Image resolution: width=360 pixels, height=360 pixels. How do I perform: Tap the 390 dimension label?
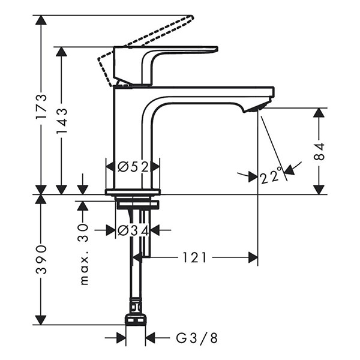pyautogui.click(x=41, y=259)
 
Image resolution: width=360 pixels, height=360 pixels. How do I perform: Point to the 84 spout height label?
pyautogui.click(x=319, y=151)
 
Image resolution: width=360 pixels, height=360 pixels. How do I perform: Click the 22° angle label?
pyautogui.click(x=271, y=176)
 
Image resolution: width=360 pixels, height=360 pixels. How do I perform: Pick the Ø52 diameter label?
pyautogui.click(x=133, y=167)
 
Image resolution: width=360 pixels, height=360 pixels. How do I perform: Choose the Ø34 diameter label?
pyautogui.click(x=133, y=229)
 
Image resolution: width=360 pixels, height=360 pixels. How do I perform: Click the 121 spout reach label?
pyautogui.click(x=194, y=257)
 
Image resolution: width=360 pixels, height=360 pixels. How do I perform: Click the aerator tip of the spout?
pyautogui.click(x=255, y=109)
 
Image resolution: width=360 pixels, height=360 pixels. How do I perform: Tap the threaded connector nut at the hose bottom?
pyautogui.click(x=136, y=318)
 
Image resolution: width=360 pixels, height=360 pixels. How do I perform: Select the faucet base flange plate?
pyautogui.click(x=133, y=192)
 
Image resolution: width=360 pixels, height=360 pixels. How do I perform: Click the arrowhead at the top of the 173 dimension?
pyautogui.click(x=41, y=20)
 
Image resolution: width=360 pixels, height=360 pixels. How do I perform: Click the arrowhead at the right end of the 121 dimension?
pyautogui.click(x=253, y=257)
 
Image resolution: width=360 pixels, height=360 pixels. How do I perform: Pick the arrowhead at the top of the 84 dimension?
pyautogui.click(x=319, y=113)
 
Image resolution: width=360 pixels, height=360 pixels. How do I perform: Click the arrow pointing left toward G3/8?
pyautogui.click(x=151, y=338)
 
